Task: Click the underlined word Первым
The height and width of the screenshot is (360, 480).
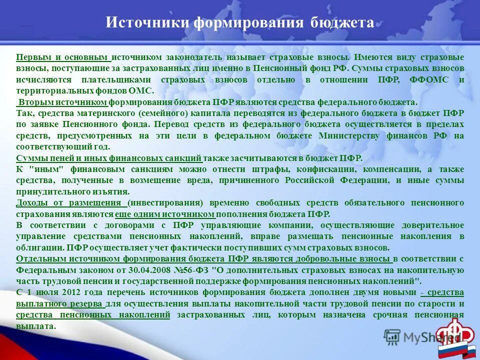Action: (33, 57)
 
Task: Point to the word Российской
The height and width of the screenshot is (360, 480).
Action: (310, 180)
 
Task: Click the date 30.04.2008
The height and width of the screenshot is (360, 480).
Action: (151, 270)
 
